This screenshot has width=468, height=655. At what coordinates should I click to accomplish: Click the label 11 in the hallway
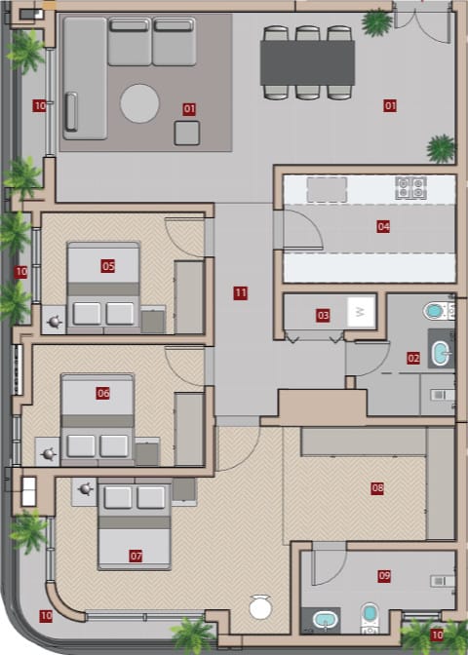(x=240, y=293)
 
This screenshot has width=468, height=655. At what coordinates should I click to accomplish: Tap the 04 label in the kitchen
(x=383, y=227)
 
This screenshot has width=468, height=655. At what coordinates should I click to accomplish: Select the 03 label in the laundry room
(x=323, y=316)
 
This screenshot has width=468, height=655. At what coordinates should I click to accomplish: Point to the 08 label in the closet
(x=377, y=488)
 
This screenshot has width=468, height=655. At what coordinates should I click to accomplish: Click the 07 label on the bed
(x=136, y=556)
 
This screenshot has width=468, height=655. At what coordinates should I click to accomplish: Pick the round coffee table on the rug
(x=139, y=103)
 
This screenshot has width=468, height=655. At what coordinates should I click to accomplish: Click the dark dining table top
(x=307, y=62)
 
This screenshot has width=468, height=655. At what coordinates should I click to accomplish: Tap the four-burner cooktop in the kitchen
(x=411, y=187)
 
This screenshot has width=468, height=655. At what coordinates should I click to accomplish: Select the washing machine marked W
(x=361, y=312)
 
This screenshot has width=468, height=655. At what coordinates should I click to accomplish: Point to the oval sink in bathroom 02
(x=440, y=354)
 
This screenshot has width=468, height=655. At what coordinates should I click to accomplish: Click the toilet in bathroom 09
(x=370, y=617)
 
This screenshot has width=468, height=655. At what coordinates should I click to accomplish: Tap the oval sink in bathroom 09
(x=325, y=620)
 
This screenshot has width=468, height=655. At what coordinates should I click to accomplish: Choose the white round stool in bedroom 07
(x=260, y=608)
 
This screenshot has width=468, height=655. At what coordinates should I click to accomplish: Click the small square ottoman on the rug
(x=187, y=133)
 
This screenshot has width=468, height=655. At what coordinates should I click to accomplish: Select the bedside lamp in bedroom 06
(x=48, y=453)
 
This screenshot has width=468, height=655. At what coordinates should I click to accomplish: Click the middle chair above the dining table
(x=307, y=33)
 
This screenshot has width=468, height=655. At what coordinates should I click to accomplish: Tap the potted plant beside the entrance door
(x=377, y=22)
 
